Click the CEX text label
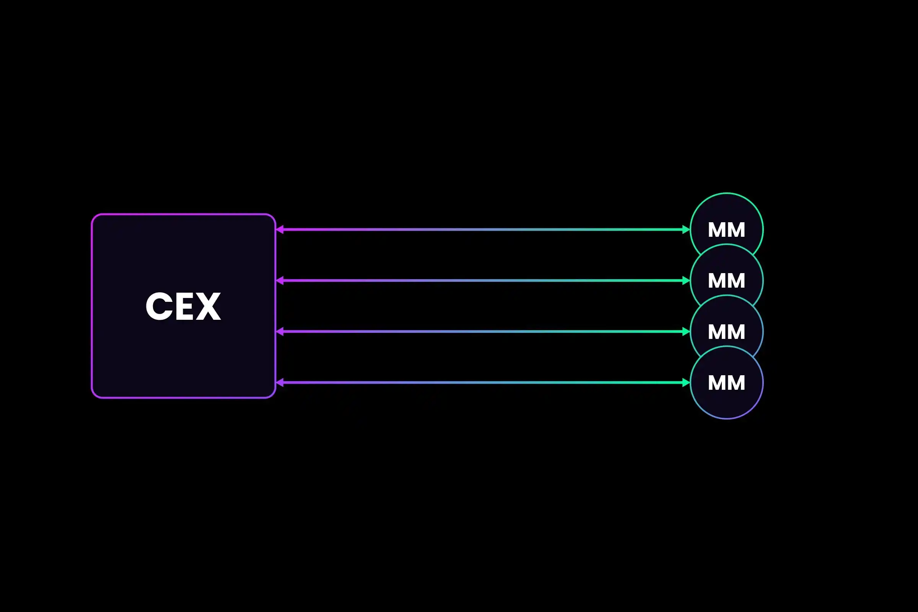pyautogui.click(x=183, y=306)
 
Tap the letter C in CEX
pyautogui.click(x=159, y=306)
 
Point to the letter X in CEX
pyautogui.click(x=208, y=306)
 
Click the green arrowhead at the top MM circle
pyautogui.click(x=686, y=229)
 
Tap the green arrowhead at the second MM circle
pyautogui.click(x=686, y=281)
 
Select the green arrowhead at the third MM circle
pyautogui.click(x=686, y=332)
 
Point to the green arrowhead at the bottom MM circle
pyautogui.click(x=686, y=382)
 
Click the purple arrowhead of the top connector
pyautogui.click(x=280, y=229)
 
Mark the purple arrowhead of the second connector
pyautogui.click(x=280, y=281)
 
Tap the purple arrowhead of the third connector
pyautogui.click(x=280, y=332)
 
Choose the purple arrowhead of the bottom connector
pyautogui.click(x=280, y=382)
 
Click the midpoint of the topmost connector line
pyautogui.click(x=483, y=229)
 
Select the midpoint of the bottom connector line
pyautogui.click(x=483, y=382)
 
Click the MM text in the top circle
pyautogui.click(x=726, y=230)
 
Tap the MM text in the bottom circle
pyautogui.click(x=726, y=383)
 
